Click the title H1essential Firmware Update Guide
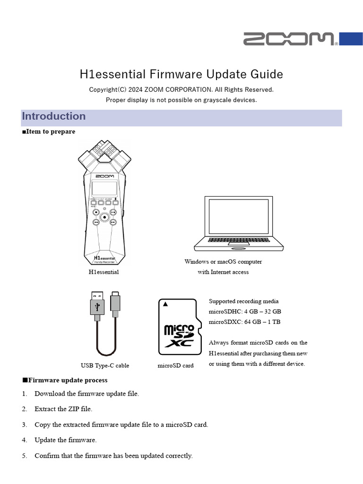[181, 74]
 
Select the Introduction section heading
[54, 116]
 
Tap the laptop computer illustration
[239, 223]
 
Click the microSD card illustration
[177, 327]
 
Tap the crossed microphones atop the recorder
[104, 154]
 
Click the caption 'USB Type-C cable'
[105, 365]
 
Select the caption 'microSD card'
[175, 365]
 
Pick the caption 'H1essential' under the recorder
[104, 272]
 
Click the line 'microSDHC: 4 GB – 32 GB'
[245, 311]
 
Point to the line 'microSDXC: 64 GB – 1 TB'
[244, 322]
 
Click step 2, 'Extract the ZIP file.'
[63, 409]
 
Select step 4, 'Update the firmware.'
[65, 440]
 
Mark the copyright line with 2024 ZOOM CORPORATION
[181, 89]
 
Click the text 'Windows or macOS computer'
[223, 261]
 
